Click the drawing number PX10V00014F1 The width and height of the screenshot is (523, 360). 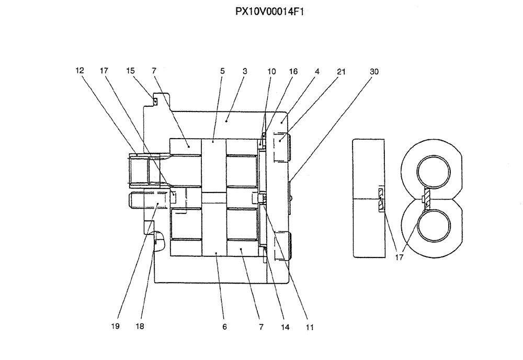pos(270,10)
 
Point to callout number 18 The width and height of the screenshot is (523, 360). pos(139,327)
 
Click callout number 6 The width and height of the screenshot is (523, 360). pos(224,327)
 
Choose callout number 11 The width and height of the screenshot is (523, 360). pos(310,327)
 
